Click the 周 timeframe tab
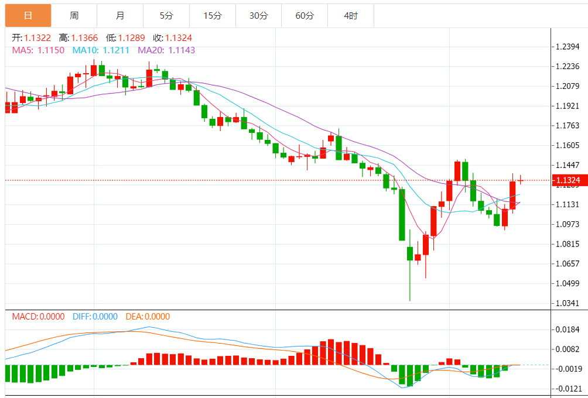[x=74, y=16]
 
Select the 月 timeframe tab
[x=120, y=16]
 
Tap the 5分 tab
[x=166, y=16]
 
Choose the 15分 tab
[x=213, y=16]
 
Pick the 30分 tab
[x=258, y=16]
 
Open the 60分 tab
[x=305, y=16]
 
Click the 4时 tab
[x=351, y=16]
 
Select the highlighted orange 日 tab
[x=28, y=16]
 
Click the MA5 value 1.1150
[x=51, y=50]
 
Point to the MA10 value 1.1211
[x=117, y=50]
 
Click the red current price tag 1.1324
[x=568, y=180]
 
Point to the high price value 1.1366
[x=85, y=38]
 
